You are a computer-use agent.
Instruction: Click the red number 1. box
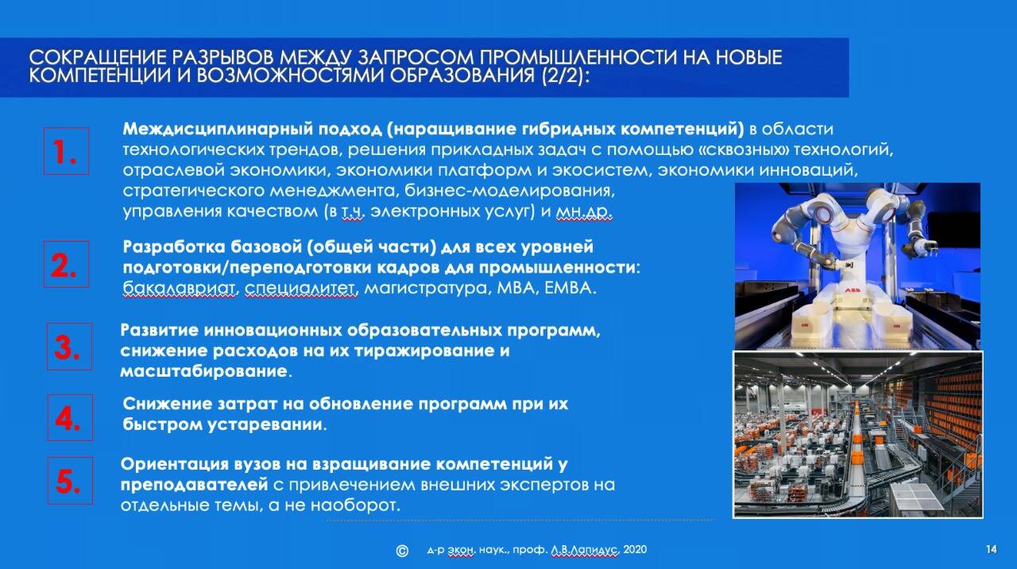pos(66,151)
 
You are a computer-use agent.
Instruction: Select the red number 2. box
pos(66,265)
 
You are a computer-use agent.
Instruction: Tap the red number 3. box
pos(69,346)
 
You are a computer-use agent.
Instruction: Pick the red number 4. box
pos(70,418)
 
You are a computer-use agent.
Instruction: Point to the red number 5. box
pos(70,481)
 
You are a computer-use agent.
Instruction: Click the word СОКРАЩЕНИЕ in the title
pos(98,58)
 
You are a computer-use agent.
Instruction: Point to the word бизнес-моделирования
pos(509,191)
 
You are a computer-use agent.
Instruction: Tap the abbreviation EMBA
pos(570,288)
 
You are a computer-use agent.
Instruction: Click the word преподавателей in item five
pos(195,485)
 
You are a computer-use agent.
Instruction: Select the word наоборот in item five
pos(355,505)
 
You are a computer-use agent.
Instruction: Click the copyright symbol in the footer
pos(402,551)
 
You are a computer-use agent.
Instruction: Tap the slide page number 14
pos(992,549)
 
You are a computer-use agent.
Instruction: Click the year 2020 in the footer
pos(635,549)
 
